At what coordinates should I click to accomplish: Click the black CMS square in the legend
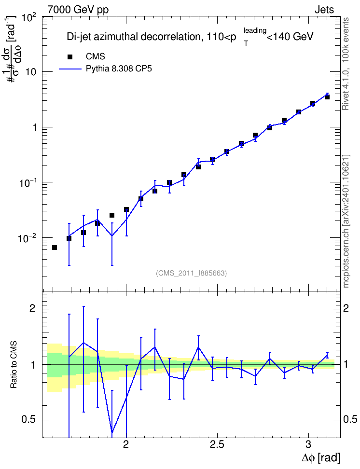[70, 56]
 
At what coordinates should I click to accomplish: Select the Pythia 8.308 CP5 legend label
[119, 69]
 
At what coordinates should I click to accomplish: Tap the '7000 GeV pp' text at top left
[78, 10]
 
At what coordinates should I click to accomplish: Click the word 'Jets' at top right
[324, 10]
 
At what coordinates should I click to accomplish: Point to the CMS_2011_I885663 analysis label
[191, 273]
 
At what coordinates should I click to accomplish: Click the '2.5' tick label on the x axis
[217, 444]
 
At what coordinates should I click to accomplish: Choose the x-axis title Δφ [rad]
[320, 457]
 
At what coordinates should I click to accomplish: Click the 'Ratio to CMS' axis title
[14, 365]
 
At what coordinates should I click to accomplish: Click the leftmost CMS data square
[55, 248]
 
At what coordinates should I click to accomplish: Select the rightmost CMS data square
[327, 97]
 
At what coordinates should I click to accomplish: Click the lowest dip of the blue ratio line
[112, 432]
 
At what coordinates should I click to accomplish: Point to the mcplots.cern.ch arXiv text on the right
[346, 221]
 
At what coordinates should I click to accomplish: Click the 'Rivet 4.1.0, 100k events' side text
[346, 64]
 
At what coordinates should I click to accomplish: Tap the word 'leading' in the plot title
[255, 30]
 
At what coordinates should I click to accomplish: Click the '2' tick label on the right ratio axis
[346, 308]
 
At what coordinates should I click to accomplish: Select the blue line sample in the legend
[70, 69]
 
